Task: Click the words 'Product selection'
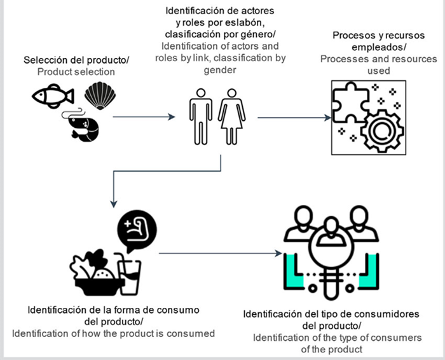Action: tap(76, 72)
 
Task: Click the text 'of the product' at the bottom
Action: tap(334, 349)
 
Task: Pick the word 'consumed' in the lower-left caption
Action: tap(194, 333)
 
